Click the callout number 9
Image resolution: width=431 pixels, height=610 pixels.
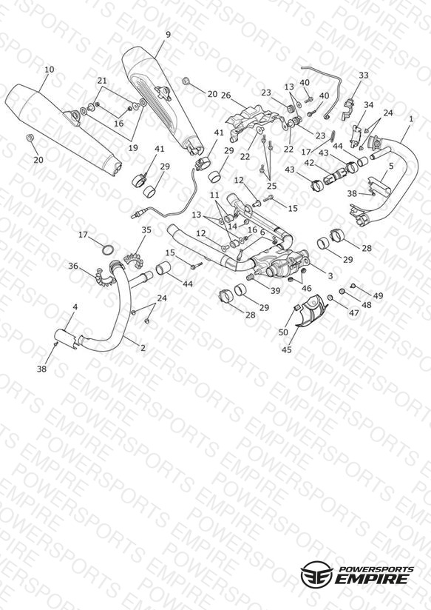[x=168, y=35]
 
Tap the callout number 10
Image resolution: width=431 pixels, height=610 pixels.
[x=50, y=70]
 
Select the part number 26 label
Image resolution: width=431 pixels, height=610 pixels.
[x=225, y=95]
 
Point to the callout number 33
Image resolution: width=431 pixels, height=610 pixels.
[x=364, y=75]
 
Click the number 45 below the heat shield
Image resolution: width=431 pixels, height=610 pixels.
[x=286, y=349]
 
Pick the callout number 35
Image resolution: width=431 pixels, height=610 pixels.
[x=146, y=230]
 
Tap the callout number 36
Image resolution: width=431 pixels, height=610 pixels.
[x=73, y=266]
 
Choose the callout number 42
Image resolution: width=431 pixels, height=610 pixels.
[x=309, y=163]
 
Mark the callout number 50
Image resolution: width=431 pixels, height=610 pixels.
[x=284, y=332]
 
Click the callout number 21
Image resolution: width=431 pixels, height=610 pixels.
[x=102, y=81]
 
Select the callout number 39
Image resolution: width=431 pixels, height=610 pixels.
[x=275, y=291]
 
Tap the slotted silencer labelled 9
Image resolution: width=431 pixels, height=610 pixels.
[x=163, y=101]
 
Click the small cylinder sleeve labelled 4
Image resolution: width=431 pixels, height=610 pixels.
[x=65, y=338]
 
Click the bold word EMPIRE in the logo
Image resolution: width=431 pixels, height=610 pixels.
[x=372, y=579]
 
